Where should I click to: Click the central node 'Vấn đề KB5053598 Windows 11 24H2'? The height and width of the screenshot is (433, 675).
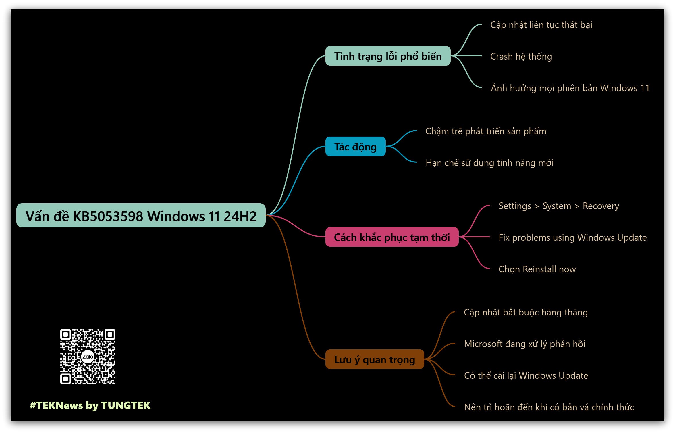(x=141, y=216)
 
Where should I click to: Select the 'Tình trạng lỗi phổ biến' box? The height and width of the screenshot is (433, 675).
(x=388, y=56)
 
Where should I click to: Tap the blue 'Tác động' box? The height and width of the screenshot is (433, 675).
(x=355, y=147)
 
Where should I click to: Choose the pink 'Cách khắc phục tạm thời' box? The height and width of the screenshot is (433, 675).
(x=392, y=237)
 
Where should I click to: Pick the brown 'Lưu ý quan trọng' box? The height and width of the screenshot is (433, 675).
(x=375, y=359)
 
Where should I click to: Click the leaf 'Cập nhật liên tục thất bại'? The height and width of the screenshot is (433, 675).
(x=541, y=25)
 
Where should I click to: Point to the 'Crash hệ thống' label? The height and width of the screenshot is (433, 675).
(x=521, y=56)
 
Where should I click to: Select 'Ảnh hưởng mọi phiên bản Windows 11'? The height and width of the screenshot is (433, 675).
(x=570, y=88)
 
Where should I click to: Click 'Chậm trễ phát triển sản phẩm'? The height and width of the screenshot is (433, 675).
(x=486, y=131)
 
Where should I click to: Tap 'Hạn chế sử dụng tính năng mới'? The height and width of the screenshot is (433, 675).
(x=489, y=163)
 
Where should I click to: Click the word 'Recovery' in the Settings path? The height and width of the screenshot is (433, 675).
(x=601, y=206)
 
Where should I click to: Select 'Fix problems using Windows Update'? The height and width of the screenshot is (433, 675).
(x=572, y=237)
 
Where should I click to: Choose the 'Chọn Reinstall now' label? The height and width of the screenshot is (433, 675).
(x=537, y=269)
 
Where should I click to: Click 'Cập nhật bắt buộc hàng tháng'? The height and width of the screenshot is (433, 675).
(x=526, y=312)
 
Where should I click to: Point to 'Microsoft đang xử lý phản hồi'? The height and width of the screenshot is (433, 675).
(x=524, y=344)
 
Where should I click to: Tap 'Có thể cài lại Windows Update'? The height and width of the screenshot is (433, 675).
(x=526, y=375)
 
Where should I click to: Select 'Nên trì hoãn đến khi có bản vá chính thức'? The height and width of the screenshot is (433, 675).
(x=549, y=407)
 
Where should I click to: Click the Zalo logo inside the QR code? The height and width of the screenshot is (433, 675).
(x=88, y=357)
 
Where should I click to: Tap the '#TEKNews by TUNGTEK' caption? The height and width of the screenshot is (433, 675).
(x=90, y=405)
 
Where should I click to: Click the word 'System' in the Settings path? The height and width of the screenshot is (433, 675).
(x=557, y=206)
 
